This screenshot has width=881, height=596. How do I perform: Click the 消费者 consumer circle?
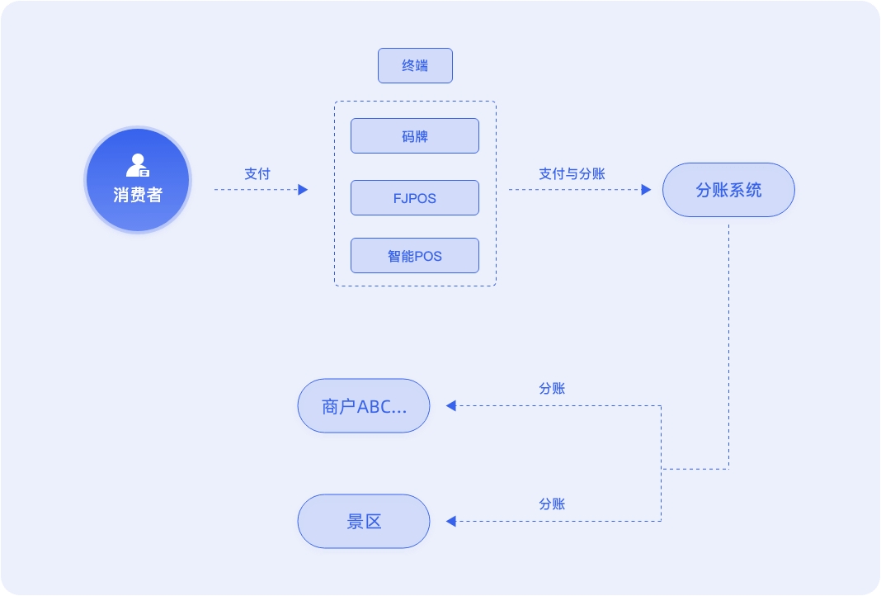coord(138,180)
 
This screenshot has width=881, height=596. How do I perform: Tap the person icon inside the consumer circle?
coord(137,165)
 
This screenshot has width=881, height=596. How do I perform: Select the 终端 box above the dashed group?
coord(415,66)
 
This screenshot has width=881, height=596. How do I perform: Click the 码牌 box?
coord(415,136)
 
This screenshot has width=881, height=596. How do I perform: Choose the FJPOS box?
coord(415,198)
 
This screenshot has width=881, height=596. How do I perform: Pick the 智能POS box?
coord(415,256)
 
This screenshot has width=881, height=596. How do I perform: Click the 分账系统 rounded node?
coord(728,190)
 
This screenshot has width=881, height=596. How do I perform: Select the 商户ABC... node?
coord(364,406)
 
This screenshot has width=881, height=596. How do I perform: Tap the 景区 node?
coord(364,522)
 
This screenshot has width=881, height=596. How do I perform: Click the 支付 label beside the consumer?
coord(257,174)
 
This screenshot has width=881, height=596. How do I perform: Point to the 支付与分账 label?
coord(572,174)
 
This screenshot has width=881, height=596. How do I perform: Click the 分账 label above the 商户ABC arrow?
coord(552,389)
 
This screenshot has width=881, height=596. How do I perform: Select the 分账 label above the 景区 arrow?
coord(552,504)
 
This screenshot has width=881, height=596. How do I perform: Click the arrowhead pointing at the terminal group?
coord(303,190)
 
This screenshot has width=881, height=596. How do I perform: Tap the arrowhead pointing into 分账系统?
coord(646,190)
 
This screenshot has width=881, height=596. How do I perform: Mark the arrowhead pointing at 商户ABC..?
coord(450,405)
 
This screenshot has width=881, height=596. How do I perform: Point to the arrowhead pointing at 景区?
coord(450,521)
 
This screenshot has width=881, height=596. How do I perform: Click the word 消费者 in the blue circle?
coord(138,196)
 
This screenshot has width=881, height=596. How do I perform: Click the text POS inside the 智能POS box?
coord(428,257)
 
